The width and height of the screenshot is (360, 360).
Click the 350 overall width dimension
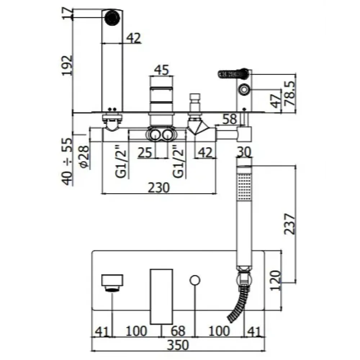click(x=178, y=345)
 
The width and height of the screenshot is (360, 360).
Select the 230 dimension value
click(x=159, y=188)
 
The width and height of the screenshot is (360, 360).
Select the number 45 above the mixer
click(x=161, y=70)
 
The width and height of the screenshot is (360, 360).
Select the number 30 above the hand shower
click(x=244, y=152)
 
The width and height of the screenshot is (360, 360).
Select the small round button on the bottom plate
click(x=195, y=280)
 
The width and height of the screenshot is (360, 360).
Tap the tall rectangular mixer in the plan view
click(x=162, y=296)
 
